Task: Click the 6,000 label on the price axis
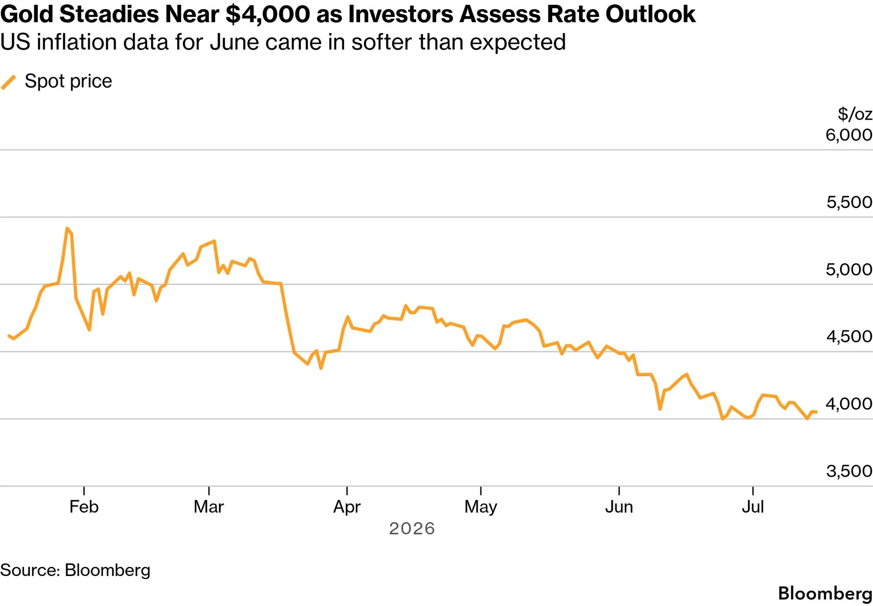(849, 135)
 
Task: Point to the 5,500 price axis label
(849, 202)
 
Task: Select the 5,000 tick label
(849, 269)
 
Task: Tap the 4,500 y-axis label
(849, 337)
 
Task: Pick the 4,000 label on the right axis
(849, 404)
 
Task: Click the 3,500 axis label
(849, 471)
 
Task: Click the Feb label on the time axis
(84, 507)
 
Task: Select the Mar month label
(209, 507)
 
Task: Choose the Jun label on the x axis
(619, 507)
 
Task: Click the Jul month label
(753, 507)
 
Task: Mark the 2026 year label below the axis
(412, 529)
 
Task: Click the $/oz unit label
(855, 114)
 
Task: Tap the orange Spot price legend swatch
(9, 82)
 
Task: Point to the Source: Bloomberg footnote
(75, 570)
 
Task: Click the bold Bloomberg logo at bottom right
(825, 594)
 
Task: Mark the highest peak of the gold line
(67, 228)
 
